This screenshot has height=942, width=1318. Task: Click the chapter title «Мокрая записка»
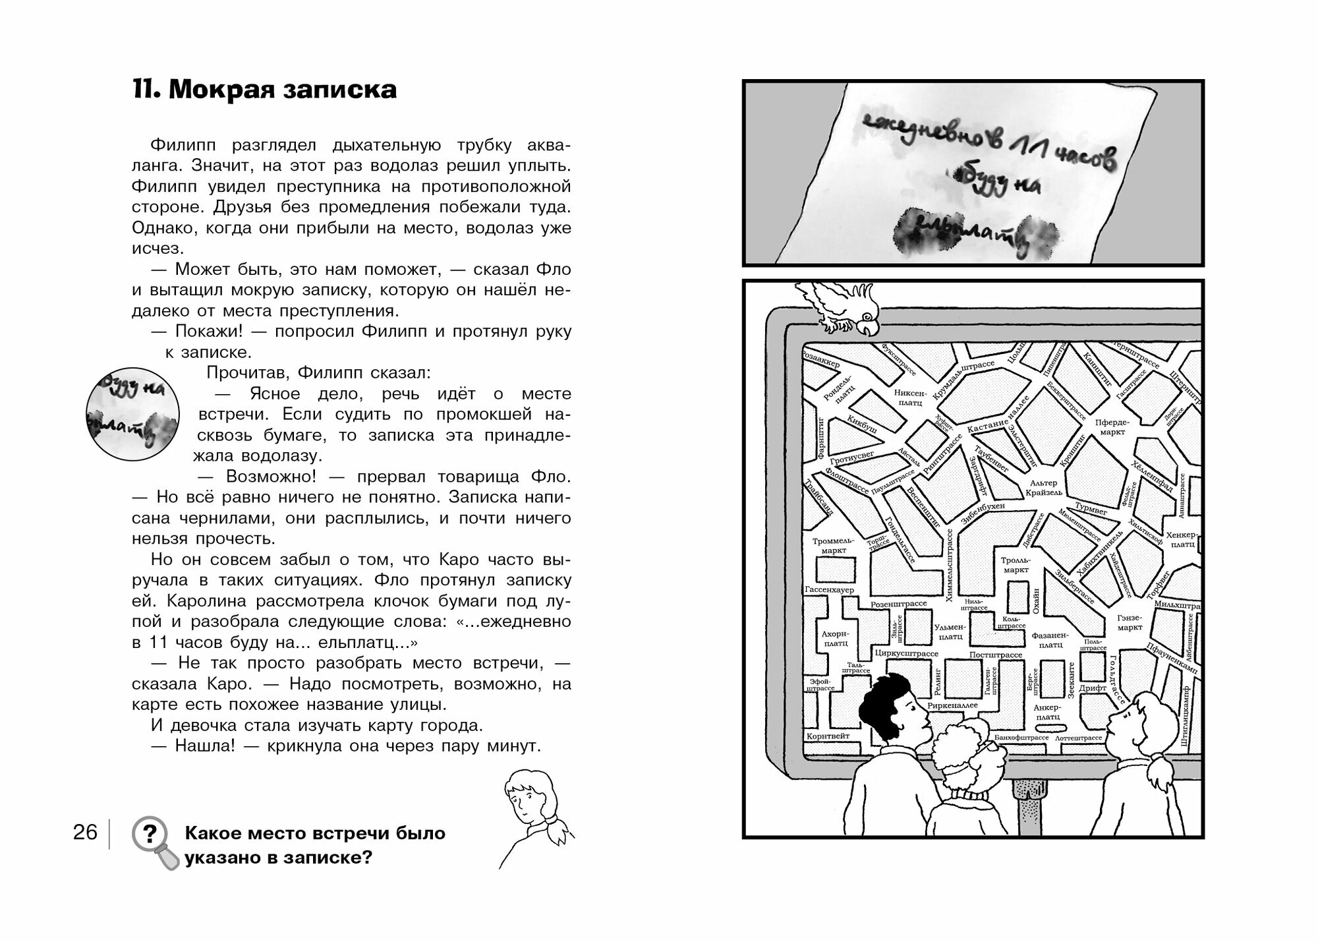pyautogui.click(x=265, y=90)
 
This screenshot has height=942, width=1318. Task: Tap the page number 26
pyautogui.click(x=85, y=833)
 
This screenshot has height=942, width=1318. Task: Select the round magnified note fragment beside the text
pyautogui.click(x=132, y=414)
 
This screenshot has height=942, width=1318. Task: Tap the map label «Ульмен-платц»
pyautogui.click(x=950, y=632)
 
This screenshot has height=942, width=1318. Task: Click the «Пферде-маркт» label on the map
pyautogui.click(x=1112, y=427)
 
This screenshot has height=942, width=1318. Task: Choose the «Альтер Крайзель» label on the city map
pyautogui.click(x=1045, y=487)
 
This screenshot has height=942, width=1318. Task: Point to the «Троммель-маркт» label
pyautogui.click(x=829, y=545)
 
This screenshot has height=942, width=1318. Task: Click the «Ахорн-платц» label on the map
pyautogui.click(x=834, y=637)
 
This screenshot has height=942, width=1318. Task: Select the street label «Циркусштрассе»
pyautogui.click(x=906, y=653)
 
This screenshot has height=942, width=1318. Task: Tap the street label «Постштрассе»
pyautogui.click(x=995, y=655)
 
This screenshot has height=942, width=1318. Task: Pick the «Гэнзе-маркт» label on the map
pyautogui.click(x=1130, y=622)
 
